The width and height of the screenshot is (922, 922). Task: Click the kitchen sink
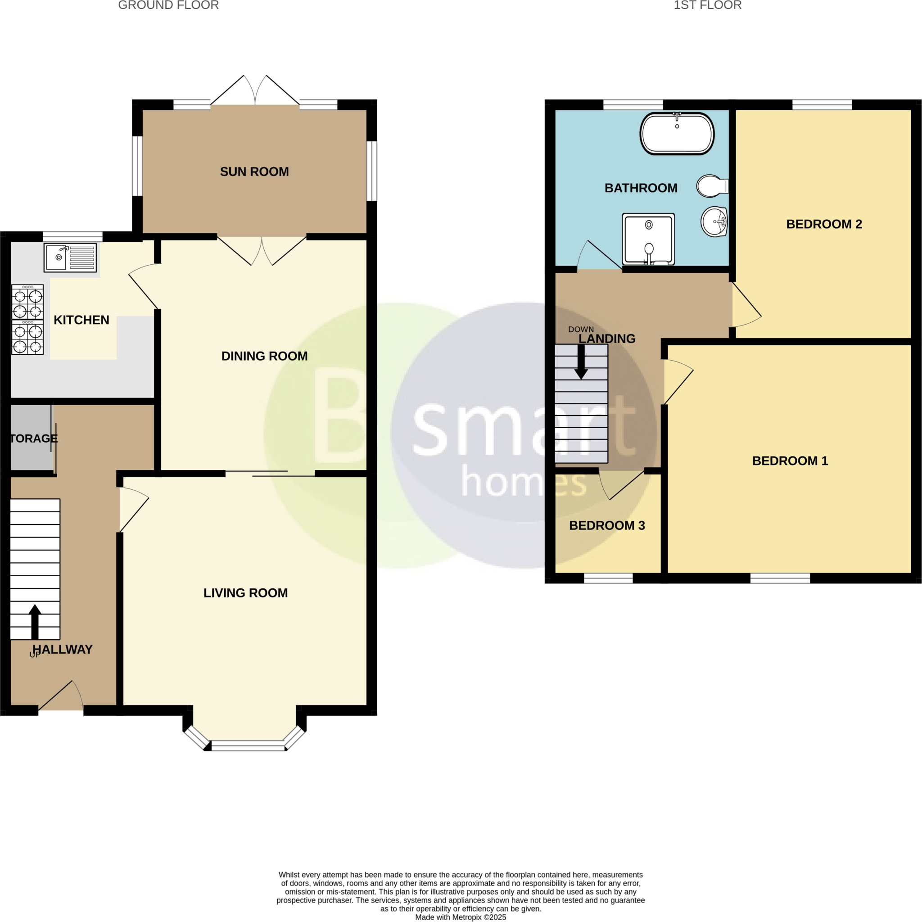[70, 258]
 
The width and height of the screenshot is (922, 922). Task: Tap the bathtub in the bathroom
[677, 134]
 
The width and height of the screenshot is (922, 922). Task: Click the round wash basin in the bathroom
[714, 221]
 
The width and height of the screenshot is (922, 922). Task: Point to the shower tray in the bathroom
[648, 239]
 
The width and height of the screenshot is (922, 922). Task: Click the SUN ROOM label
[254, 172]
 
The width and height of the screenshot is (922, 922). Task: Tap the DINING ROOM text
[264, 356]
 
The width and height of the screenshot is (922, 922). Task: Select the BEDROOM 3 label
[607, 525]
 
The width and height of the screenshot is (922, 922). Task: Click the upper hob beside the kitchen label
[27, 302]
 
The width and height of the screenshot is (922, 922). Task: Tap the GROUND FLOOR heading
[168, 5]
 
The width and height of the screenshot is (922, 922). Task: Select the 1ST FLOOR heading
[707, 5]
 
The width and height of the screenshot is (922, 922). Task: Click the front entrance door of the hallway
[61, 697]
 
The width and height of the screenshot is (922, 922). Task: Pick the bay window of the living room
[248, 746]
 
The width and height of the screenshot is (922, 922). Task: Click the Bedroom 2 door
[746, 305]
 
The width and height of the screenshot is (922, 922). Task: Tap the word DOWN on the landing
[581, 329]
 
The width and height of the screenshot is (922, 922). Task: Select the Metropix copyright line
[461, 917]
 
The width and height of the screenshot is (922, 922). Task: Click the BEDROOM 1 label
[790, 461]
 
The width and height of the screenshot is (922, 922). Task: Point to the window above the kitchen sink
[72, 236]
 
